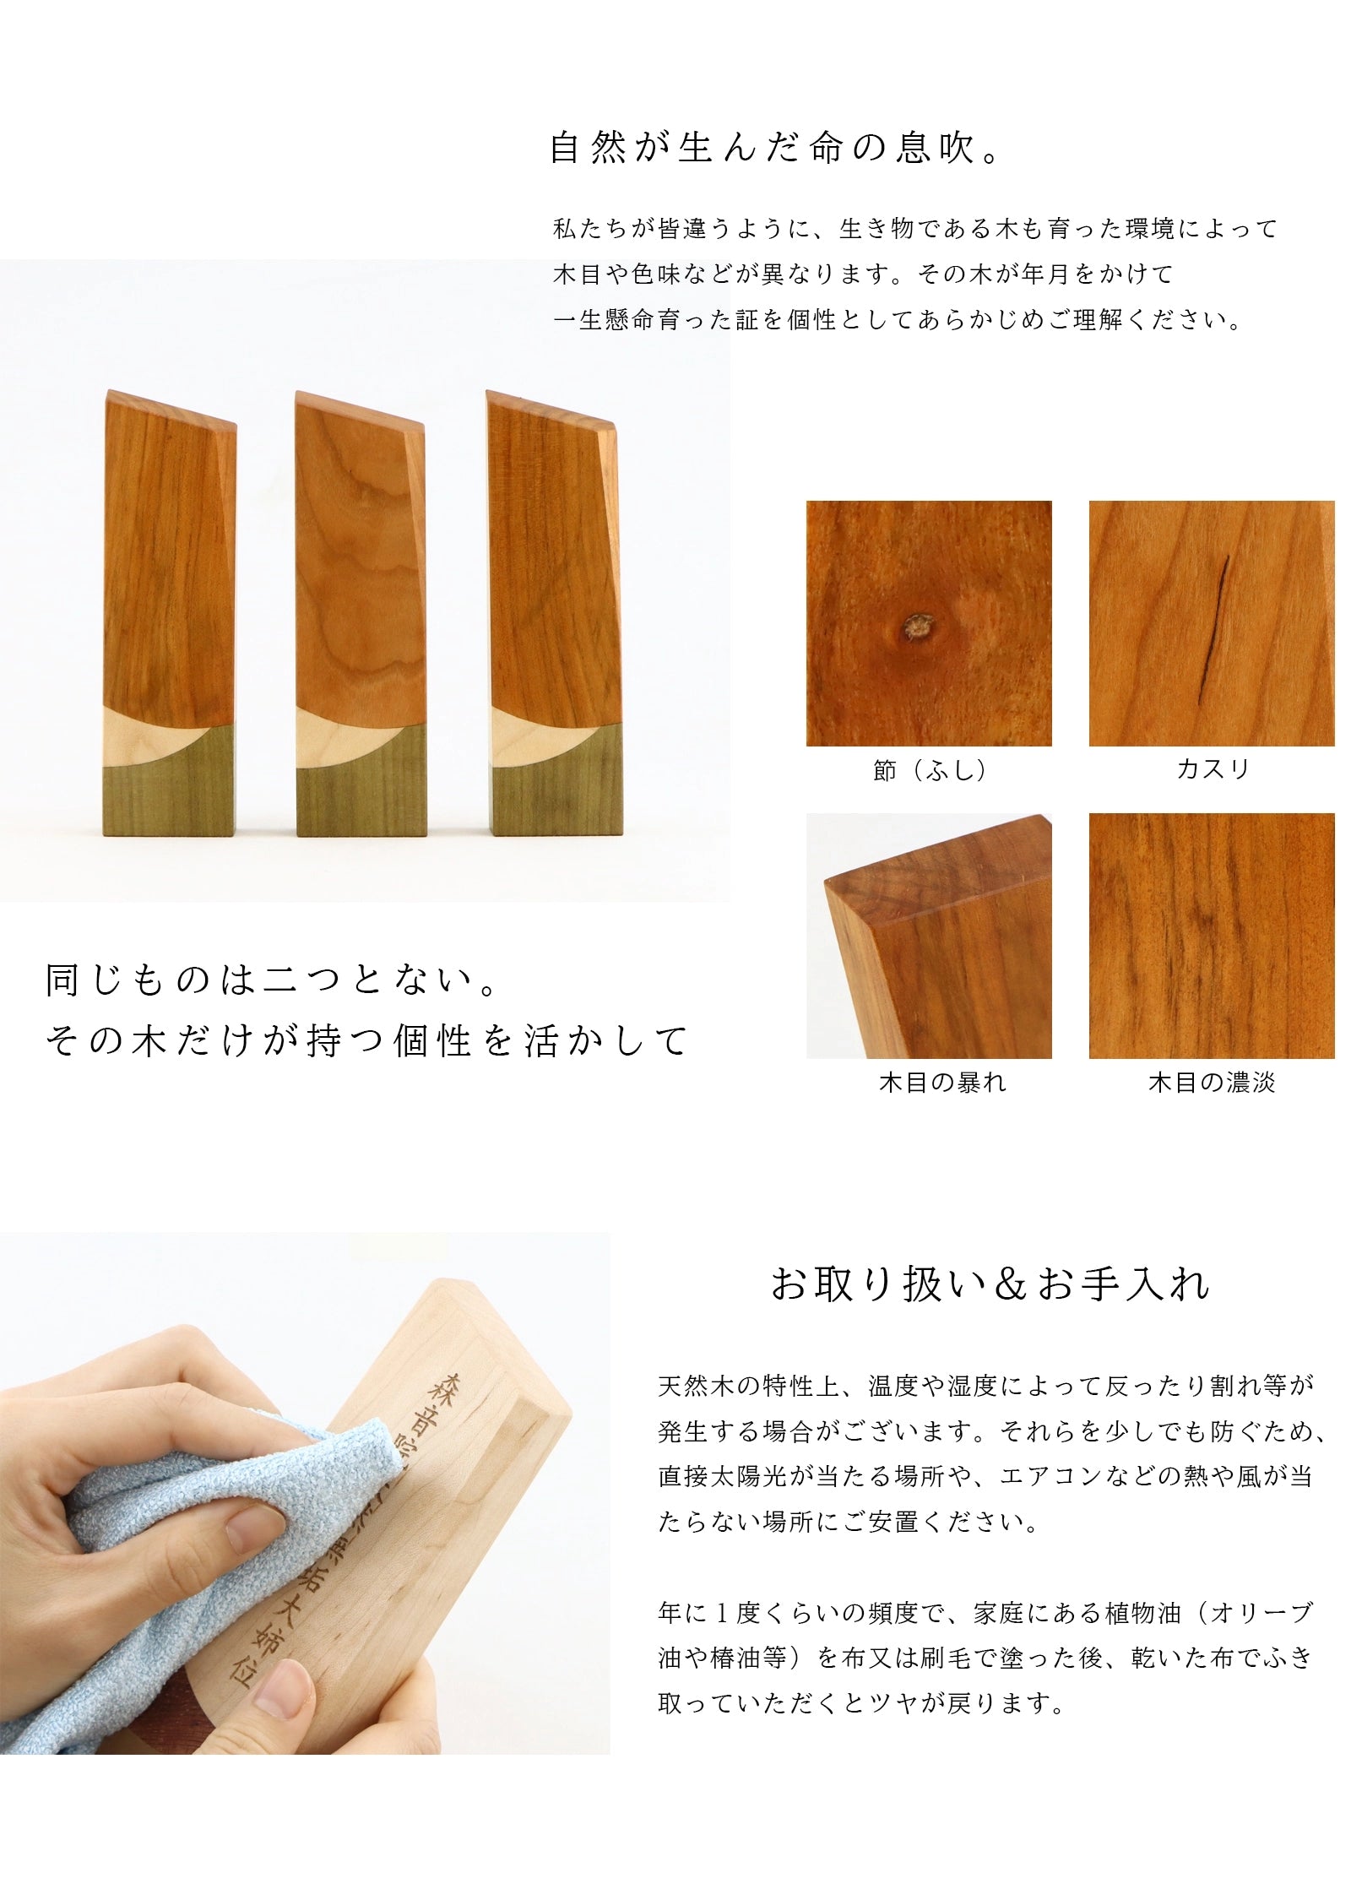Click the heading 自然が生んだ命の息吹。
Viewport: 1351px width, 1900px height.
tap(775, 148)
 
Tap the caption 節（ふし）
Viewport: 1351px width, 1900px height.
tap(929, 770)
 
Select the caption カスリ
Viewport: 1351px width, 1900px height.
tap(1212, 769)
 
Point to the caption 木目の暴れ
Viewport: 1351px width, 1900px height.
tap(942, 1083)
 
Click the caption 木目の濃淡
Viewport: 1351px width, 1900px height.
tap(1212, 1083)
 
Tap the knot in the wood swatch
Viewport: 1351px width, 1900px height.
tap(915, 627)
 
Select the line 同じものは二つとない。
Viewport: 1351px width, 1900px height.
tap(271, 981)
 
